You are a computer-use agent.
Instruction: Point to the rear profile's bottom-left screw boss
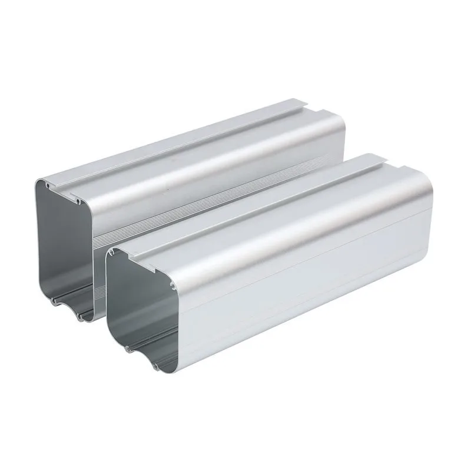click(53, 301)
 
